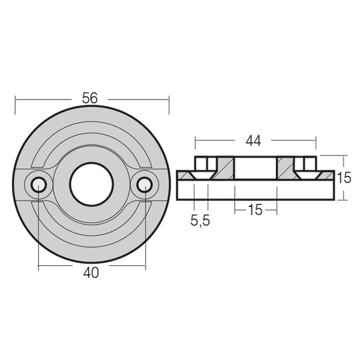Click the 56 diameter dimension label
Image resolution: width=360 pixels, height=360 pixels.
pyautogui.click(x=91, y=98)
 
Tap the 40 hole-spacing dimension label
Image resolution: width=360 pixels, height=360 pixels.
pyautogui.click(x=91, y=272)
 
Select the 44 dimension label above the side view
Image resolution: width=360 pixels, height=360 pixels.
pyautogui.click(x=254, y=141)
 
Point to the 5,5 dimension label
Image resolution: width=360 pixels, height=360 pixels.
pyautogui.click(x=200, y=220)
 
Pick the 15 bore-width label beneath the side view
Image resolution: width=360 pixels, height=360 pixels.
pyautogui.click(x=255, y=211)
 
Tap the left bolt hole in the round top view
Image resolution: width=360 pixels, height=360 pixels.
pyautogui.click(x=38, y=184)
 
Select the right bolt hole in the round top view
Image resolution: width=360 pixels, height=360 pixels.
pyautogui.click(x=144, y=184)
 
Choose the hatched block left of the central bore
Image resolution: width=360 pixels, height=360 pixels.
pyautogui.click(x=224, y=167)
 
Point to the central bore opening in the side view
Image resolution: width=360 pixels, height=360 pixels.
pyautogui.click(x=255, y=167)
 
